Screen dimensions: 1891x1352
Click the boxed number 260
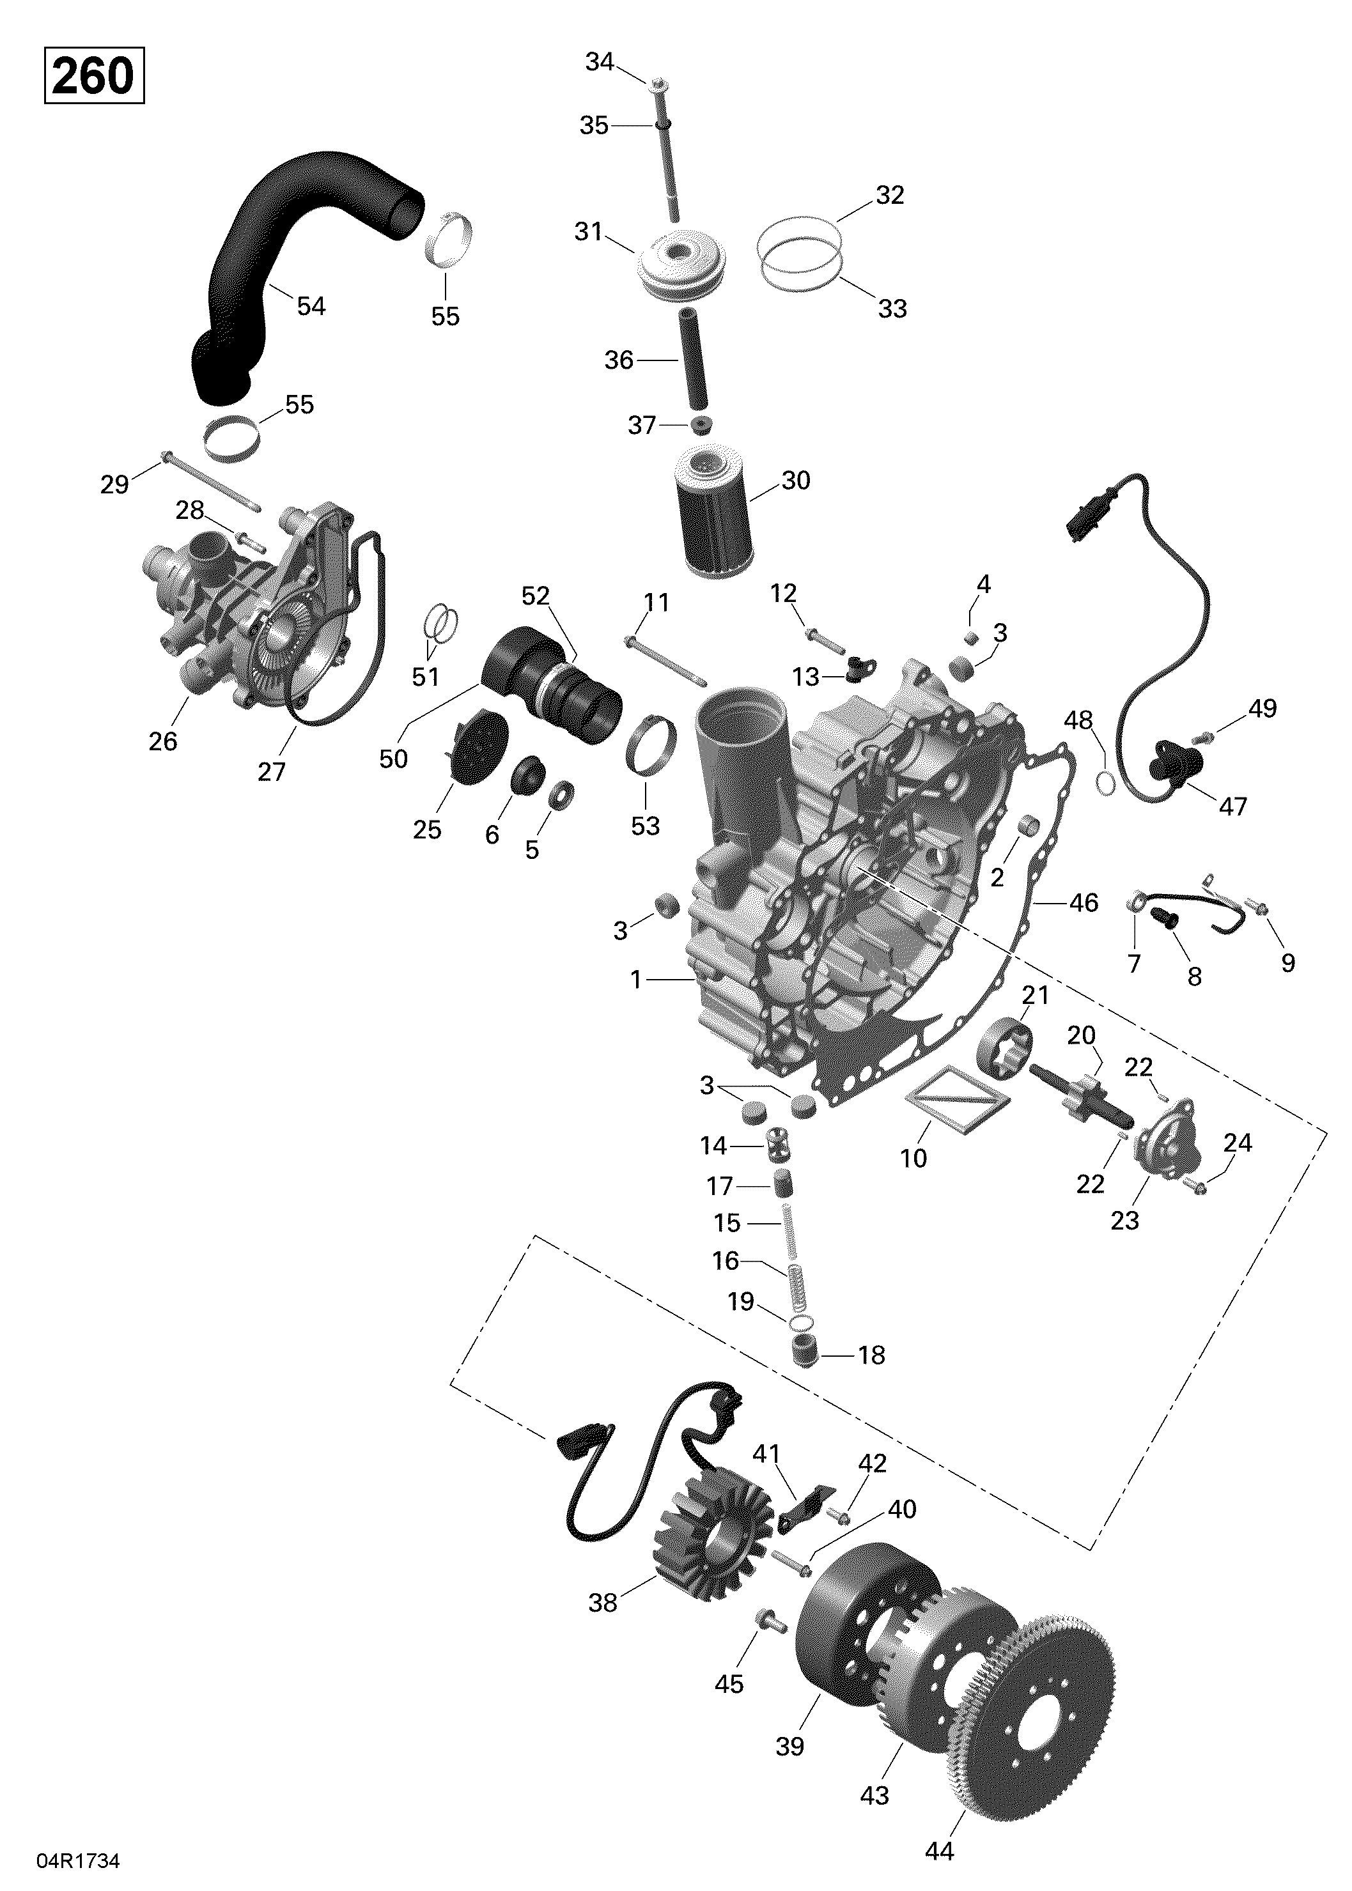coord(93,77)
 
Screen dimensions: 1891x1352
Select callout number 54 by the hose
coord(311,306)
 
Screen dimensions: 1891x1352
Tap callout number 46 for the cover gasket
coord(1083,903)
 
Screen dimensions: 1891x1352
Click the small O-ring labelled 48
coord(1105,784)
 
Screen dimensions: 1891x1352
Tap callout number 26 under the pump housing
coord(163,741)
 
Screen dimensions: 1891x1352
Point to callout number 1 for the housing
coord(636,980)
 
